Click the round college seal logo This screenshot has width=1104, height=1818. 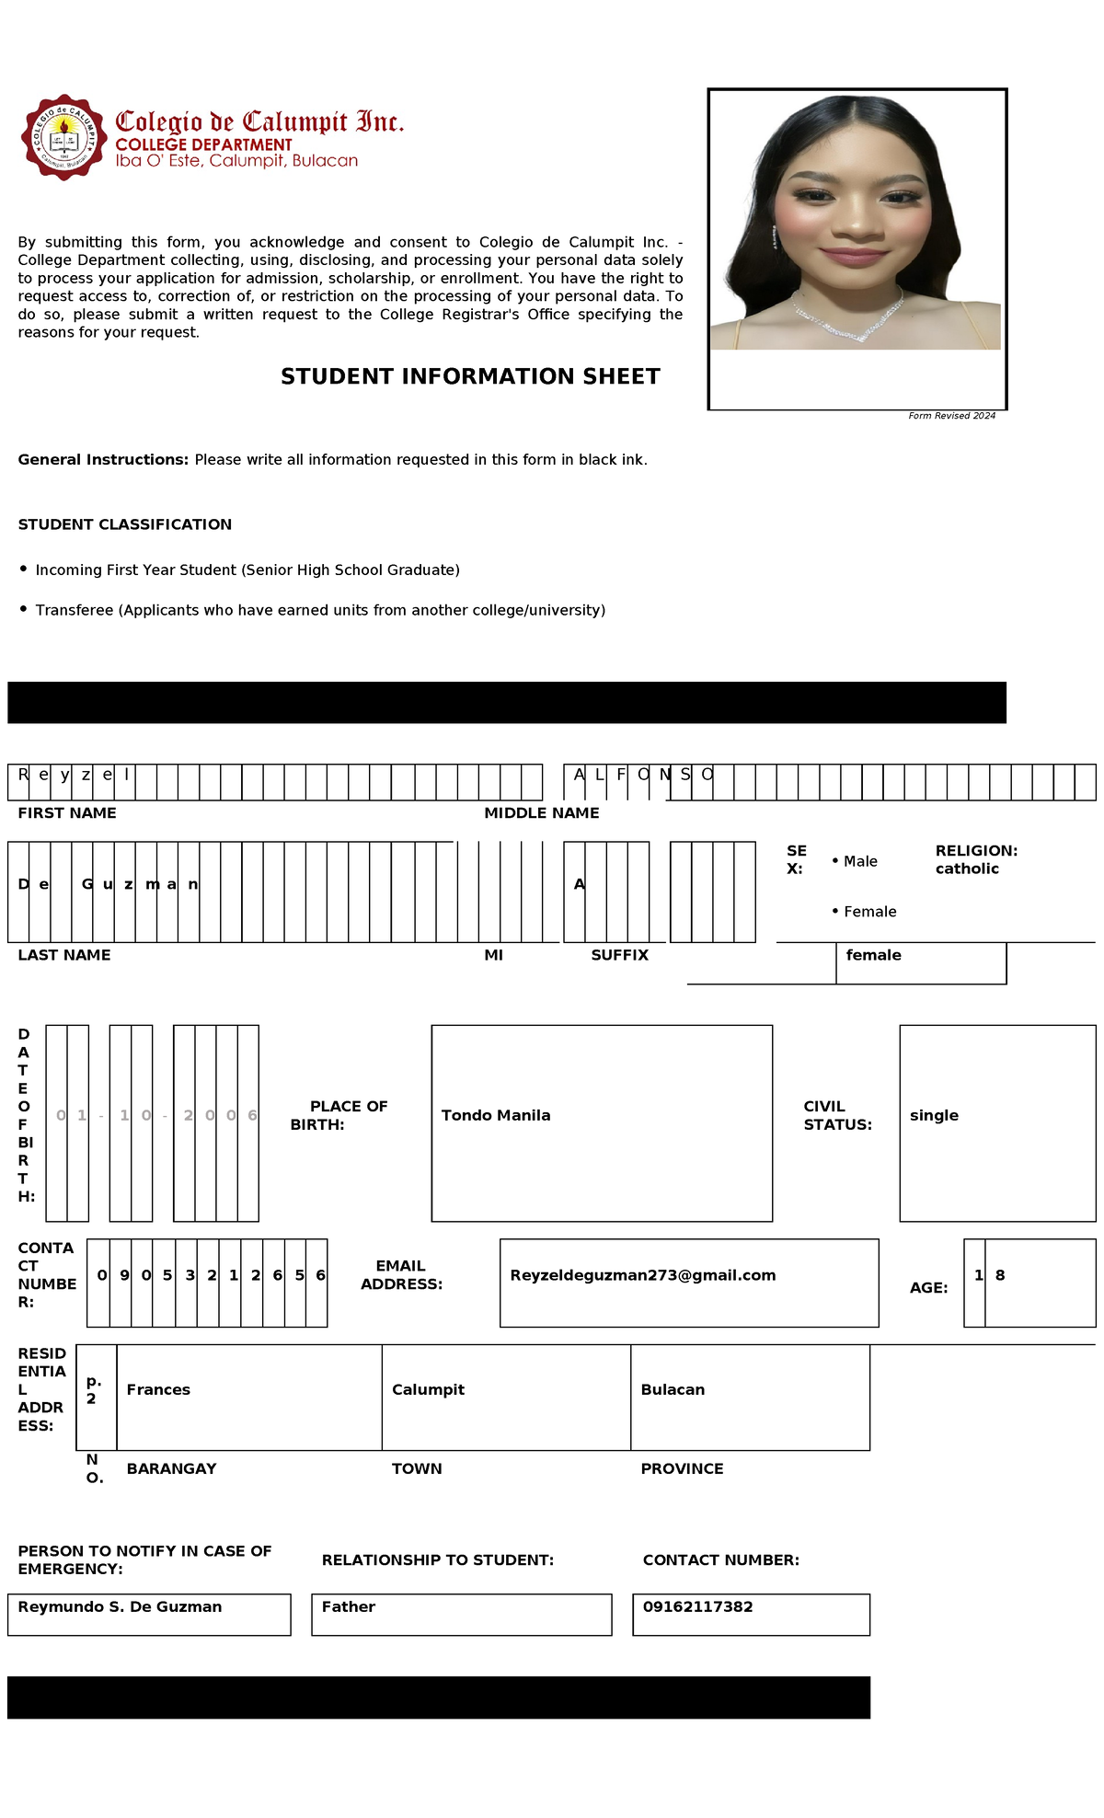click(63, 137)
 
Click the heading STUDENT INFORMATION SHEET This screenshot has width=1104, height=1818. click(470, 376)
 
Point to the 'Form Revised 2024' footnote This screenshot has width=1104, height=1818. click(951, 416)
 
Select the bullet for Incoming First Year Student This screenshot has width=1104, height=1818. click(24, 570)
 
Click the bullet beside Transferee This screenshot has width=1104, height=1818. click(24, 609)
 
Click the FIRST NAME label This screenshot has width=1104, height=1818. click(67, 813)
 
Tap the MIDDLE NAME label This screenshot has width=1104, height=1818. click(541, 813)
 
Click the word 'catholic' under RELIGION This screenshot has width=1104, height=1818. click(967, 869)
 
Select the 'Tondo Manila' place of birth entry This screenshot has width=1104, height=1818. click(496, 1115)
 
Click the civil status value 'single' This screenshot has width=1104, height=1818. click(934, 1115)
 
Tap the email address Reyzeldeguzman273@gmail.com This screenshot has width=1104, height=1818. click(642, 1275)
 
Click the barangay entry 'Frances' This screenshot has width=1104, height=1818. click(158, 1389)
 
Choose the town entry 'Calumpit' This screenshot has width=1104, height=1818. click(428, 1389)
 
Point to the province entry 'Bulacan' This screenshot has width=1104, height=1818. click(673, 1389)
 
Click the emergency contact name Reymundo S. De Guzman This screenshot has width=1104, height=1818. click(120, 1606)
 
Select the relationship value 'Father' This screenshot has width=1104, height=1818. click(348, 1606)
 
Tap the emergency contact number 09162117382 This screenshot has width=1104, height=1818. click(697, 1606)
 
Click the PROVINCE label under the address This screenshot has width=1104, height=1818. click(682, 1468)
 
